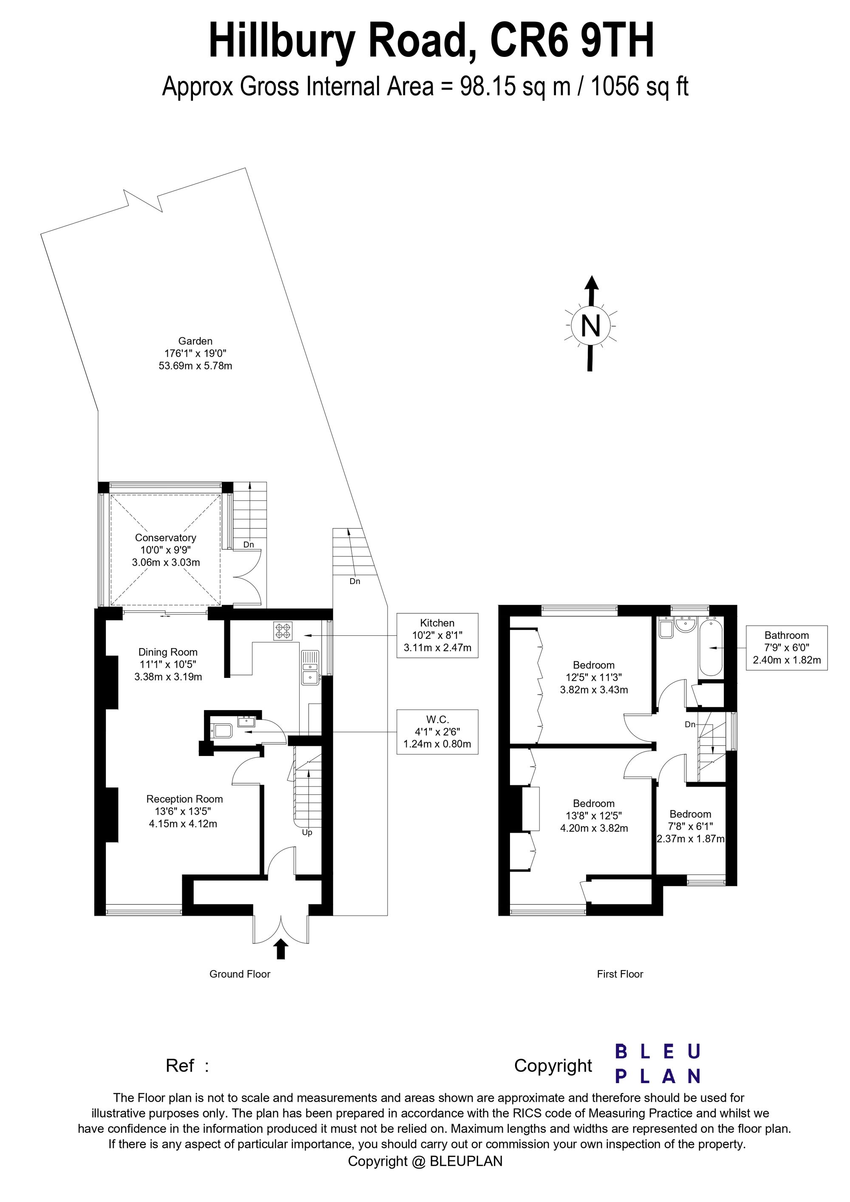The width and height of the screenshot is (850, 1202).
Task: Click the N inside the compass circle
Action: point(591,326)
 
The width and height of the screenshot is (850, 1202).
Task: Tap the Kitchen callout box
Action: point(437,635)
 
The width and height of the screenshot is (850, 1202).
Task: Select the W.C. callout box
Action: point(437,732)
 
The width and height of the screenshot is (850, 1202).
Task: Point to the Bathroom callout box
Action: point(787,648)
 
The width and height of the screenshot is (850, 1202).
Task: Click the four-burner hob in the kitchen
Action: point(283,630)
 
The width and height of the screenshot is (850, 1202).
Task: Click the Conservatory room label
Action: point(165,538)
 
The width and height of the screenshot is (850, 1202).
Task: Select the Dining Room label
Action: point(168,652)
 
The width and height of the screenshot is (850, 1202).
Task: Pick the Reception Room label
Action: point(184,799)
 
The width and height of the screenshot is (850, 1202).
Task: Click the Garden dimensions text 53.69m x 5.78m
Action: point(195,366)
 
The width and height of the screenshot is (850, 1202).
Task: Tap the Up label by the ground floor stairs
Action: point(307,832)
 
